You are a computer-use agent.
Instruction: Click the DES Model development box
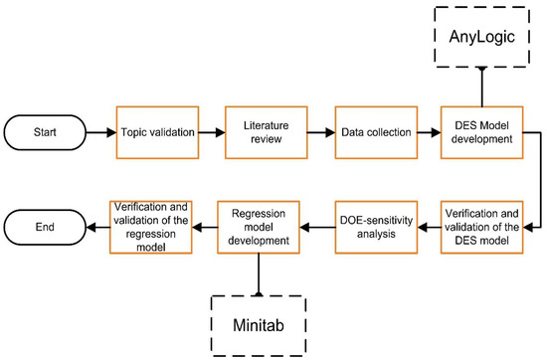coord(481,132)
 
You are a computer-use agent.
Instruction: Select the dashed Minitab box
coord(259,320)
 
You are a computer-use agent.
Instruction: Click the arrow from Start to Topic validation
coord(103,132)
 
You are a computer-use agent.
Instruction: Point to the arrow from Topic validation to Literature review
coord(211,132)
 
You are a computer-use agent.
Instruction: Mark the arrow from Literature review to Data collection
coord(319,132)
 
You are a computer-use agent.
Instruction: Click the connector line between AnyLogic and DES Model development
coord(481,87)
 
